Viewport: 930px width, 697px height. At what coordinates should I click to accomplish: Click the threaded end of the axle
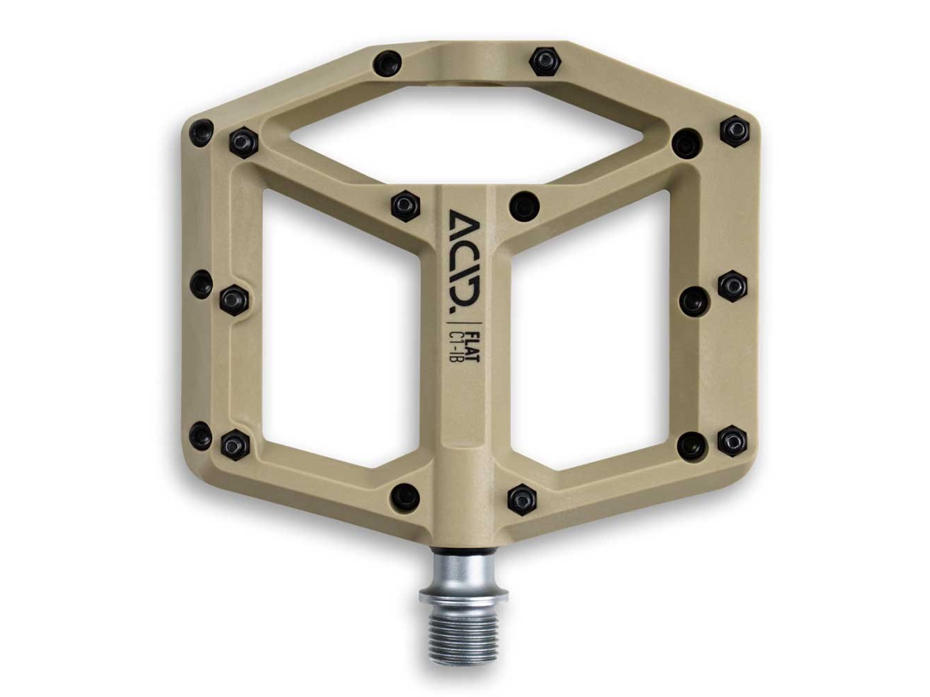464,629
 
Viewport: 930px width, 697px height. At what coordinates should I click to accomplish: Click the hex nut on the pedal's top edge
544,60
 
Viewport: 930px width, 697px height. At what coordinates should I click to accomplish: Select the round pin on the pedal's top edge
387,62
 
